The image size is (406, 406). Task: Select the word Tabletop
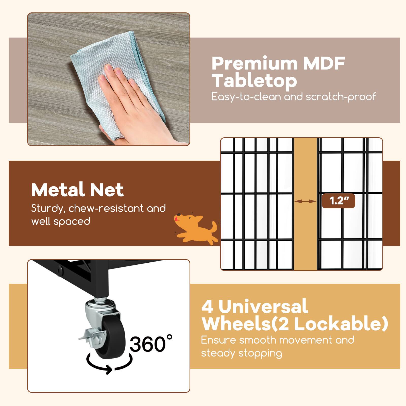coord(254,81)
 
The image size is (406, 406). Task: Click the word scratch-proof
coord(341,97)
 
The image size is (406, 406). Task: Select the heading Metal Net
coord(77,190)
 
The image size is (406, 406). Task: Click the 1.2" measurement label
coord(338,201)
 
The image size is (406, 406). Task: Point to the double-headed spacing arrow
coord(306,201)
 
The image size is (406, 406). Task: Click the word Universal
coord(263,306)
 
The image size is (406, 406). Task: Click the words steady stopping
coord(241,353)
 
